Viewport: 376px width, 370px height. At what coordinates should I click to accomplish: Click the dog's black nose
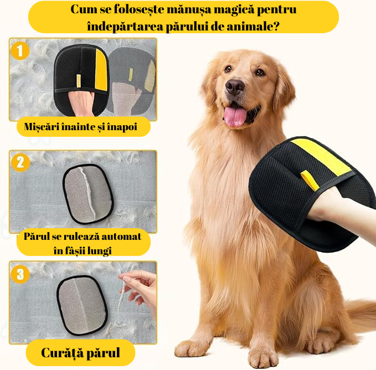tap(235, 86)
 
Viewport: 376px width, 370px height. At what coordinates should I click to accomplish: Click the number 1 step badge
tap(20, 52)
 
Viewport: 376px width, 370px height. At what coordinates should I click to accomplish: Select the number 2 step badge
tap(20, 162)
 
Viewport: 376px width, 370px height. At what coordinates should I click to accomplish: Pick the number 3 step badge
tap(20, 273)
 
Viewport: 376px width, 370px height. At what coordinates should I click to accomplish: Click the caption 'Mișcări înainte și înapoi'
tap(80, 127)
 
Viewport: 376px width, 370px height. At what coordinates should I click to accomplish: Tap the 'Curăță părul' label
tap(81, 352)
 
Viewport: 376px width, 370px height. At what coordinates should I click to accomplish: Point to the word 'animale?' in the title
tap(251, 25)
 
